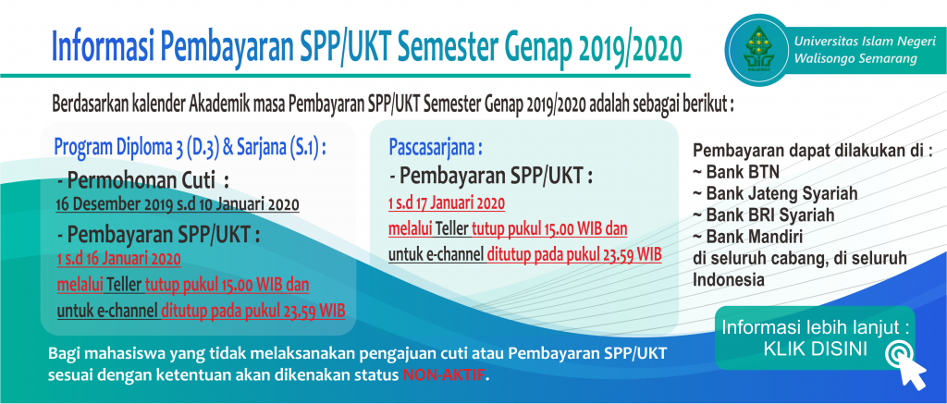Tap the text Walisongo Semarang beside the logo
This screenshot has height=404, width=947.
click(x=855, y=59)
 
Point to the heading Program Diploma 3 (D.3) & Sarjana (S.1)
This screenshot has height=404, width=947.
click(x=191, y=147)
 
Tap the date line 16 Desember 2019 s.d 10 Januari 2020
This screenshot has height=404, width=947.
click(x=178, y=204)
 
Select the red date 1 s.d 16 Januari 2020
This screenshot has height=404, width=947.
click(x=119, y=260)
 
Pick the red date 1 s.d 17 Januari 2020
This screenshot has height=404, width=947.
click(x=447, y=204)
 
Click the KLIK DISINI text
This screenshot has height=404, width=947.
click(x=816, y=349)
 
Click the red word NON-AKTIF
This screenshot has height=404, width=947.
click(x=444, y=373)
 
